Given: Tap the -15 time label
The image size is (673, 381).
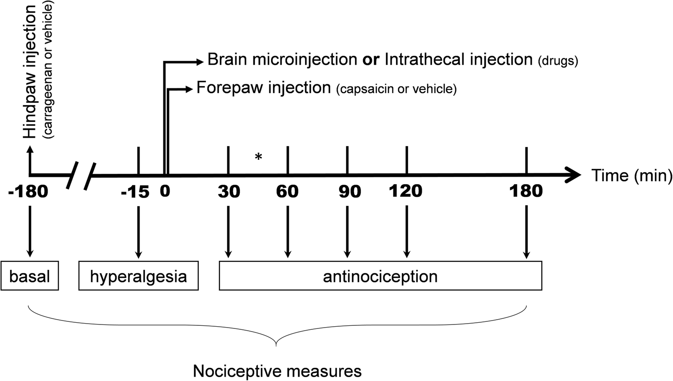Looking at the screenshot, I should pyautogui.click(x=135, y=192).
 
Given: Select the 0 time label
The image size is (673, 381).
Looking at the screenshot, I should pyautogui.click(x=165, y=191).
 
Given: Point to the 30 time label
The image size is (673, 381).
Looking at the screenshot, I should pyautogui.click(x=229, y=192).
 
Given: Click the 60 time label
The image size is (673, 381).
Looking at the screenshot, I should pyautogui.click(x=287, y=192).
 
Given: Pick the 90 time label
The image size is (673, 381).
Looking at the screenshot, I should pyautogui.click(x=350, y=192).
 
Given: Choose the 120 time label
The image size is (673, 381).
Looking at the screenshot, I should pyautogui.click(x=405, y=191).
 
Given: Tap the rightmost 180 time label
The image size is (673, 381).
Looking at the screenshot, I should pyautogui.click(x=526, y=191).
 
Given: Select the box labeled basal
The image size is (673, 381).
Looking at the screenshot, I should pyautogui.click(x=30, y=276).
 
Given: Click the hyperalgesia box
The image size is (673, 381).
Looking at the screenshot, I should pyautogui.click(x=138, y=276).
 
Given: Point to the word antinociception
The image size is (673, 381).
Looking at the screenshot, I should pyautogui.click(x=380, y=276).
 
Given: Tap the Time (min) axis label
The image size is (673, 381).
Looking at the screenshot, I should pyautogui.click(x=631, y=176).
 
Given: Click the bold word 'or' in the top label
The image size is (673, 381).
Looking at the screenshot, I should pyautogui.click(x=371, y=60).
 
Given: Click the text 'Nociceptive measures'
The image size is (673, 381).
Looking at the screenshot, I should pyautogui.click(x=277, y=371).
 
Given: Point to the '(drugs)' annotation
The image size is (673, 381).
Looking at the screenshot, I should pyautogui.click(x=558, y=61).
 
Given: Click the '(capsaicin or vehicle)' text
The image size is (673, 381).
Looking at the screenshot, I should pyautogui.click(x=396, y=89).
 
